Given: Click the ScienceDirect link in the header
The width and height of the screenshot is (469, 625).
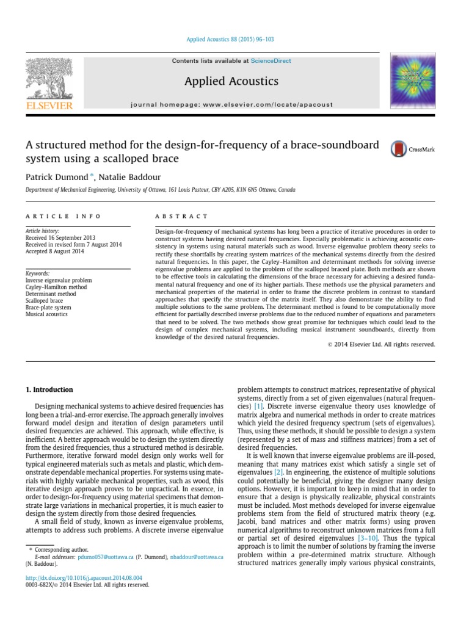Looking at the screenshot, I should [271, 61].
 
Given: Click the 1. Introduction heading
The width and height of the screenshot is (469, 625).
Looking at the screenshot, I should [49, 389].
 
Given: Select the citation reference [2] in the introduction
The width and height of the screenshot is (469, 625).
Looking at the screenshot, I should [278, 472].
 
